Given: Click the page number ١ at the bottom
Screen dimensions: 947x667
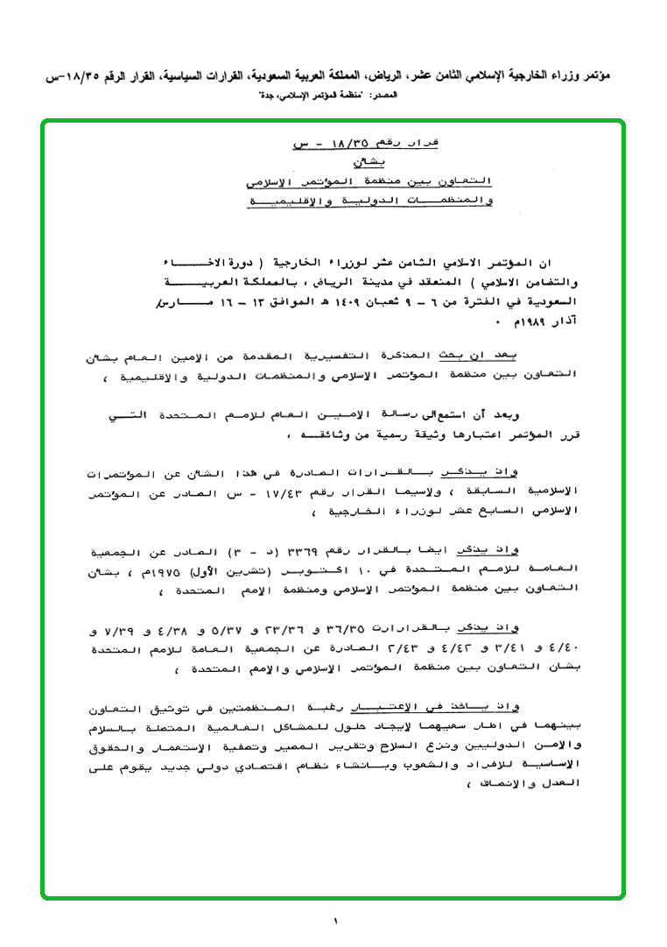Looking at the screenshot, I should [334, 921].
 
